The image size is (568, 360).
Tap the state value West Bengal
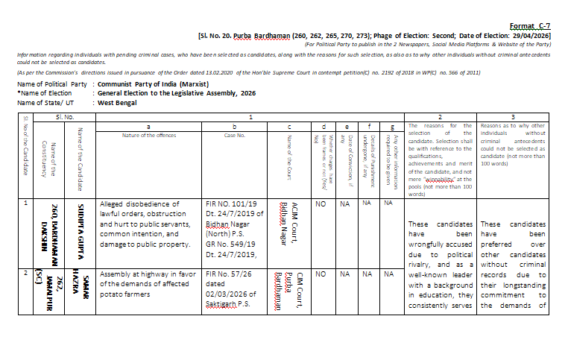(x=119, y=102)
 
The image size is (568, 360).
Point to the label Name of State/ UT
(x=46, y=102)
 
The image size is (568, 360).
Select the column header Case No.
(x=234, y=135)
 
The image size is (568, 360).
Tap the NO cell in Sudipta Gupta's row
(x=321, y=203)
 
